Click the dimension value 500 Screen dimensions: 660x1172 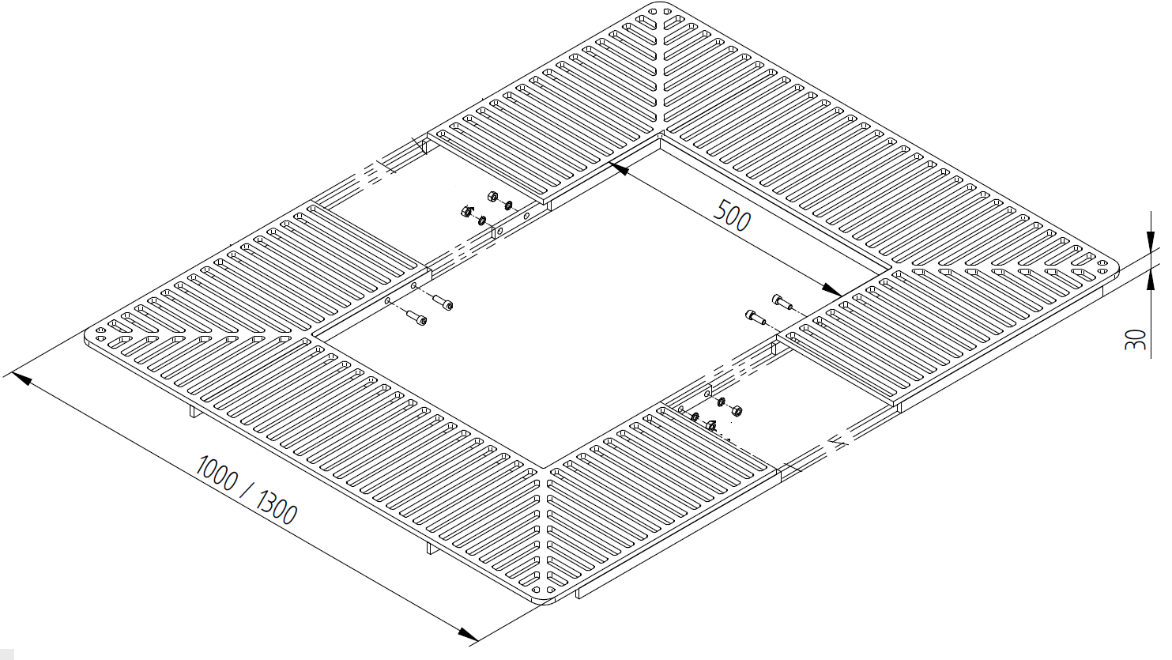click(x=733, y=216)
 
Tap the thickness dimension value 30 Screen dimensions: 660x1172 click(x=1135, y=341)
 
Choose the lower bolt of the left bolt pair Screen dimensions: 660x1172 click(x=416, y=319)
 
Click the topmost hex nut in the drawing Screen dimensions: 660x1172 click(x=492, y=195)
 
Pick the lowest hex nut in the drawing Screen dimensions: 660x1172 click(x=710, y=425)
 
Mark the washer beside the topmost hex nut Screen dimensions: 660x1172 click(x=507, y=205)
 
